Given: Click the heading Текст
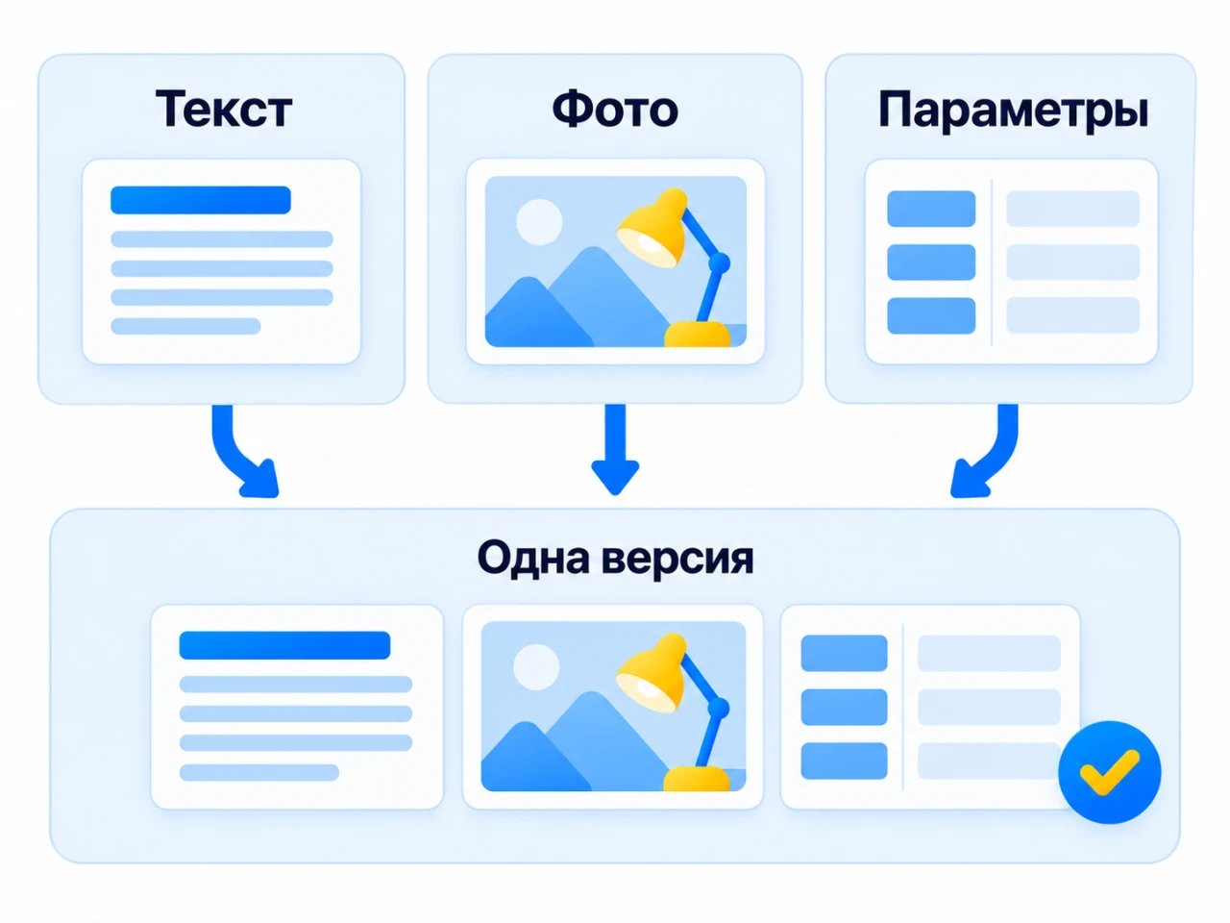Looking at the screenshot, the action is click(x=224, y=109).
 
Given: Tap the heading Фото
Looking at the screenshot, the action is click(x=615, y=109).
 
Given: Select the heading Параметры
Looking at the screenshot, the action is click(x=1013, y=111).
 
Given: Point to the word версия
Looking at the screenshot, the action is click(x=677, y=561).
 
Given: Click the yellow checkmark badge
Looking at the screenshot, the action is click(x=1110, y=772).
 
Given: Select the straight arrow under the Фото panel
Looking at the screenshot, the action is click(x=615, y=449).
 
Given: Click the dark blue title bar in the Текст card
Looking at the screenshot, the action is click(x=201, y=200).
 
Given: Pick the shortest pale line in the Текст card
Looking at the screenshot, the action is click(x=185, y=326).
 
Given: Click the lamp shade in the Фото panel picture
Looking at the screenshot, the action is click(x=653, y=228).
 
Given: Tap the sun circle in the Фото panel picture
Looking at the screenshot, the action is click(x=539, y=222).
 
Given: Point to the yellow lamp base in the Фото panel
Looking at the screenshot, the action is click(x=698, y=334).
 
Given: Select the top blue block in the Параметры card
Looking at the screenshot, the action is click(x=931, y=209).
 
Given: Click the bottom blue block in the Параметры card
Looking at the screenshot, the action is click(x=931, y=315).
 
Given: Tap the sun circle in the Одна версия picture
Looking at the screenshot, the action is click(x=536, y=667).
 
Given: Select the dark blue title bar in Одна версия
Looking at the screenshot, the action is click(x=284, y=645).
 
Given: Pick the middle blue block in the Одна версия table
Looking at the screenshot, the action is click(x=844, y=707).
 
